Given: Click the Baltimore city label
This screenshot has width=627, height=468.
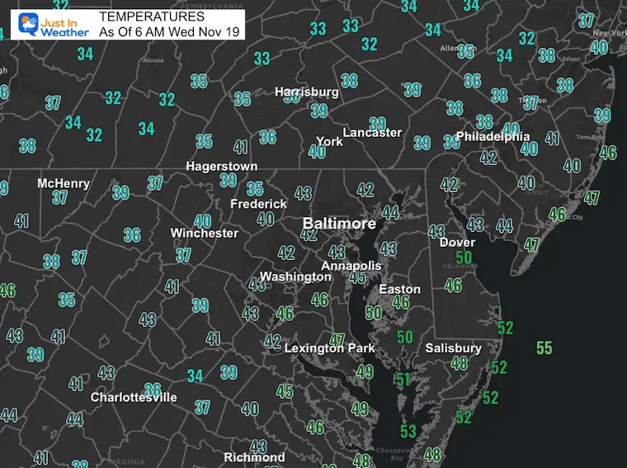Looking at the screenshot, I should click(339, 224).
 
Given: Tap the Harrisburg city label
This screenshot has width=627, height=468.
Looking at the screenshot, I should click(306, 92).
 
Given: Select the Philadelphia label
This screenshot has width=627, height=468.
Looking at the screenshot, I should click(493, 136).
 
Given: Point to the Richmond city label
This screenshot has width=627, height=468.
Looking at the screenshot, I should click(254, 457).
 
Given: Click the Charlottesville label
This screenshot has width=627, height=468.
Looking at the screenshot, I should click(134, 397).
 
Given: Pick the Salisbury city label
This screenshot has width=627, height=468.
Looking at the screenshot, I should click(453, 348).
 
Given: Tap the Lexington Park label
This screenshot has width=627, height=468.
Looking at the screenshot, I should click(329, 348).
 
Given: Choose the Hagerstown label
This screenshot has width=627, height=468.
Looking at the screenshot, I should click(221, 166).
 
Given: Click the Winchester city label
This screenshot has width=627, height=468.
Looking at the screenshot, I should click(205, 234).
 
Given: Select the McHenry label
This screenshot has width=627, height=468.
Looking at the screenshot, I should click(64, 183).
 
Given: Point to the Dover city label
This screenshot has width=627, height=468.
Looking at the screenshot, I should click(457, 243).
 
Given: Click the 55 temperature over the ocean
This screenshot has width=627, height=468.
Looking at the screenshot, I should click(544, 347).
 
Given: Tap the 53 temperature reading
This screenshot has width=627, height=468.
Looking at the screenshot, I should click(408, 431).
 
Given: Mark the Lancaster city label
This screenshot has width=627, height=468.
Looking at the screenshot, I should click(372, 132).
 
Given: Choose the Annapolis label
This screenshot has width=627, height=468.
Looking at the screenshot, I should click(351, 266).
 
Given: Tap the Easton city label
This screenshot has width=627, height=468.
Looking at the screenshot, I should click(399, 290).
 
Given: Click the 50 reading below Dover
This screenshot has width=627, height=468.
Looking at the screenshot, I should click(464, 258).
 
